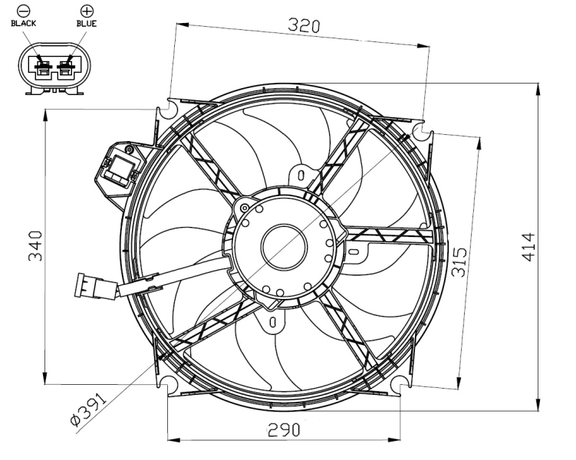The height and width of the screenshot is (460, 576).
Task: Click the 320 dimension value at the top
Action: pyautogui.click(x=304, y=25)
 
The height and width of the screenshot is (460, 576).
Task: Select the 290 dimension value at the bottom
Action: pyautogui.click(x=283, y=429)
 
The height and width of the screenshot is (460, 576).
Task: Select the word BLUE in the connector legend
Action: pyautogui.click(x=86, y=24)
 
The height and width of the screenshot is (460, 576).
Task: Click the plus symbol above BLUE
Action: pyautogui.click(x=86, y=11)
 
